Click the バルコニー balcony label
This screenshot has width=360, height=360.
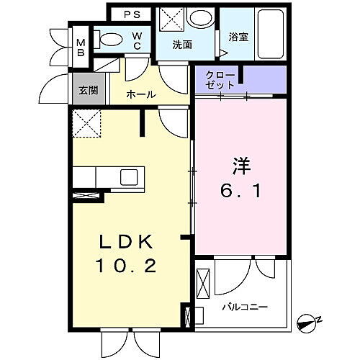(245, 307)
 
